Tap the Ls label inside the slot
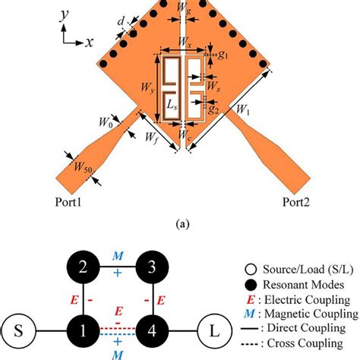(172, 102)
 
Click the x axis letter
(89, 43)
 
